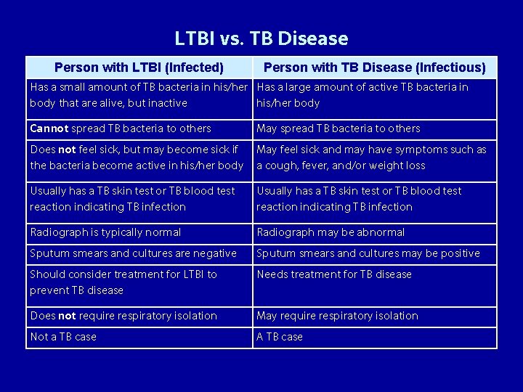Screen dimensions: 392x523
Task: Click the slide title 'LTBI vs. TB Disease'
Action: [x=261, y=38]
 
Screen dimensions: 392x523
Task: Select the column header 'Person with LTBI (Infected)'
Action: [x=139, y=68]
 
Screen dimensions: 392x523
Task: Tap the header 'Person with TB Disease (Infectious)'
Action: [x=374, y=68]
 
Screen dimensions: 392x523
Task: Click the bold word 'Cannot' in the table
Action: [x=49, y=128]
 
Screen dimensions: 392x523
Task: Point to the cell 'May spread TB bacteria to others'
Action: [x=338, y=128]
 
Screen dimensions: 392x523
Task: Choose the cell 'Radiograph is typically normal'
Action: [x=105, y=232]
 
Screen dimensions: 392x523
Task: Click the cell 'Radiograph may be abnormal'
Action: [x=331, y=232]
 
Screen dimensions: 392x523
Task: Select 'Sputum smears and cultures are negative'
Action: [x=133, y=253]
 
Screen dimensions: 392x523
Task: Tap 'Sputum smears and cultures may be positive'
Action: [x=368, y=253]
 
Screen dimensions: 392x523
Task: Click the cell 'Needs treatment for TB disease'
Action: [x=334, y=274]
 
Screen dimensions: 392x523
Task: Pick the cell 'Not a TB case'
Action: [x=63, y=337]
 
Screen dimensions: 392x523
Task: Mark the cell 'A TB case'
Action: [x=280, y=337]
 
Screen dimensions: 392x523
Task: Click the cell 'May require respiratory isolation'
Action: [x=337, y=316]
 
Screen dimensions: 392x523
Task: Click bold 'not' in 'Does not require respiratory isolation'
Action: [x=67, y=316]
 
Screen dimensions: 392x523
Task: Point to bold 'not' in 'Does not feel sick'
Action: [x=67, y=150]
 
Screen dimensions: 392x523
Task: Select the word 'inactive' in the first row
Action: [x=168, y=103]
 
